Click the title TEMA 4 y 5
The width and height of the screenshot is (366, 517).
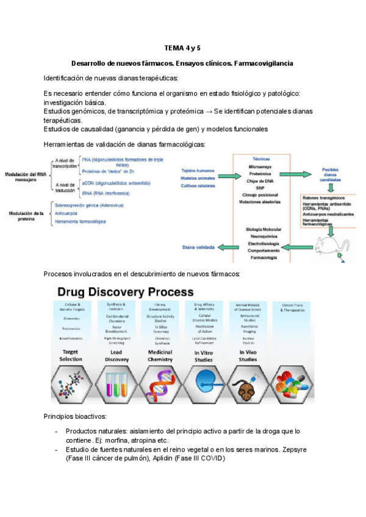tap(182, 48)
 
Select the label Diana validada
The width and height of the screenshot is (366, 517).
tap(198, 248)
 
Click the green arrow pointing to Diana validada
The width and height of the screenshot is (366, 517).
tap(228, 247)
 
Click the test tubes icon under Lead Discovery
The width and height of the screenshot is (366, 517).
tap(116, 385)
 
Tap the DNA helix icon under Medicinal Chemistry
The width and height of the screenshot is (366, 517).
tap(159, 385)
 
